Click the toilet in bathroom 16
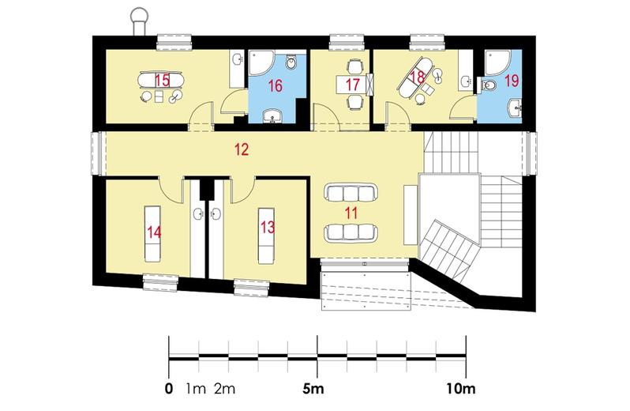pos(292,64)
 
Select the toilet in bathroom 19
pos(491,85)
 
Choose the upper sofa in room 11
pos(349,193)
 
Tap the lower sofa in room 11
pos(349,232)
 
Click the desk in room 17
pos(347,81)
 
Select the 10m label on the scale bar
pos(459,389)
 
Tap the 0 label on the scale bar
pos(168,389)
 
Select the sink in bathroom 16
pos(274,119)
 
